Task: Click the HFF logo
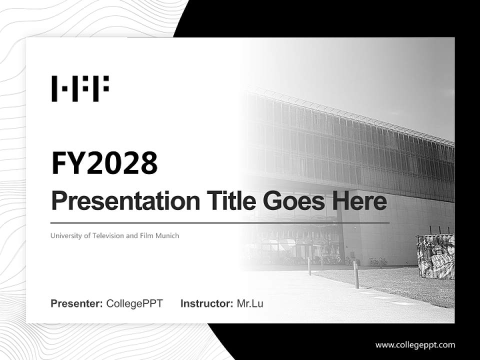(x=80, y=88)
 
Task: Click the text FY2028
(x=104, y=163)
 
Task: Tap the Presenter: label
(x=77, y=303)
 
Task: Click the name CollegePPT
(x=134, y=303)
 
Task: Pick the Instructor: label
(x=206, y=303)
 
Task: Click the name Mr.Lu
(x=250, y=303)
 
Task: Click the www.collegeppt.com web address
(x=415, y=345)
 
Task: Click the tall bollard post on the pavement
(x=356, y=274)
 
